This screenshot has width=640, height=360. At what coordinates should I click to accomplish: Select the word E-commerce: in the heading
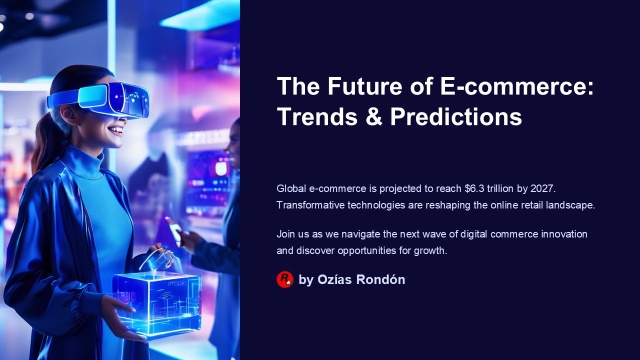(x=516, y=86)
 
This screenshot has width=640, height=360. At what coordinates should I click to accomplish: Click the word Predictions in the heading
(x=456, y=116)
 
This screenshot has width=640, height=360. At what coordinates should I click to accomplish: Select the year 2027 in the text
(x=542, y=189)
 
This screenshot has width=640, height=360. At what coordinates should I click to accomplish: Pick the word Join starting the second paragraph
(x=285, y=234)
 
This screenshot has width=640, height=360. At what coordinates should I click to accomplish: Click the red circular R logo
(x=285, y=279)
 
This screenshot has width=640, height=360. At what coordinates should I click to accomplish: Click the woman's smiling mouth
(x=115, y=131)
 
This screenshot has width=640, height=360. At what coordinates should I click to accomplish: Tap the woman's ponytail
(x=42, y=145)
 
